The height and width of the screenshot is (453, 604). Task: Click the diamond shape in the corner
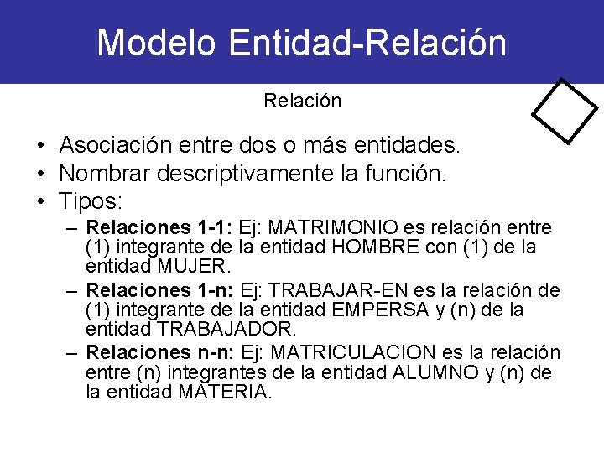pos(565,112)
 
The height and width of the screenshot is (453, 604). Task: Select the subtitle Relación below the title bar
pos(302,102)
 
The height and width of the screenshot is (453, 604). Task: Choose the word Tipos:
pos(91,201)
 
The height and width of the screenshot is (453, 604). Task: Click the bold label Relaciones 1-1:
pos(159,228)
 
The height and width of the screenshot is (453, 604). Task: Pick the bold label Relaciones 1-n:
pos(160,291)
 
